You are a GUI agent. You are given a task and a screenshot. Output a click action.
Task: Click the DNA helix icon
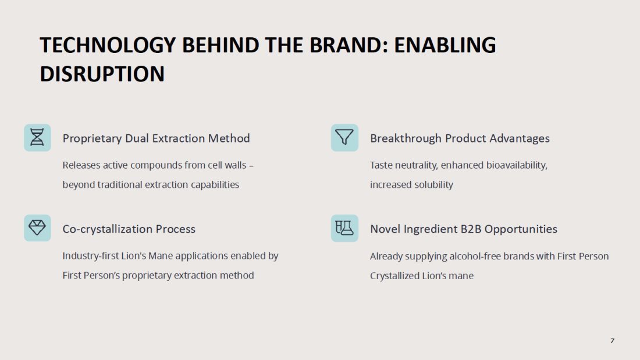[37, 138]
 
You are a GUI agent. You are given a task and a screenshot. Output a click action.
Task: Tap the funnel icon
[344, 138]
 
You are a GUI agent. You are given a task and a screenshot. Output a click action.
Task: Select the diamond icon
[37, 228]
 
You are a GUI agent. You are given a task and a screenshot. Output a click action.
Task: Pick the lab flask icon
[344, 228]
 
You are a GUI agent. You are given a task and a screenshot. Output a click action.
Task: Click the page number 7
[612, 341]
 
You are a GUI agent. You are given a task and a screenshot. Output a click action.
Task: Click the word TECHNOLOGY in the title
[108, 45]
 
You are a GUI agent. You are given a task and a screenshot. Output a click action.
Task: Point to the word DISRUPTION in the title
[102, 74]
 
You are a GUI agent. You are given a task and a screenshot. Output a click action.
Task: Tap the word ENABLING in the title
[445, 45]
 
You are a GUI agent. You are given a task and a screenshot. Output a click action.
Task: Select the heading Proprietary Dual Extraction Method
[156, 138]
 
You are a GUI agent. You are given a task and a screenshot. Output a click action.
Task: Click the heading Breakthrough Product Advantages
[460, 138]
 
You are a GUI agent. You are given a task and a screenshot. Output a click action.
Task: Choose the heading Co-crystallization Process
[129, 229]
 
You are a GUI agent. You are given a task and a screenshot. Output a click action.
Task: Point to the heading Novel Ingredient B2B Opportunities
[464, 229]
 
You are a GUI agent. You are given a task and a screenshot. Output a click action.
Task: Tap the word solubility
[434, 184]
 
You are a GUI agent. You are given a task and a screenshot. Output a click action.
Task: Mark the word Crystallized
[394, 276]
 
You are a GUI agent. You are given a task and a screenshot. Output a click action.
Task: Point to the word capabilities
[215, 185]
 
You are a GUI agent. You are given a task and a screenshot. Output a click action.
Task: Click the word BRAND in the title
[346, 45]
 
